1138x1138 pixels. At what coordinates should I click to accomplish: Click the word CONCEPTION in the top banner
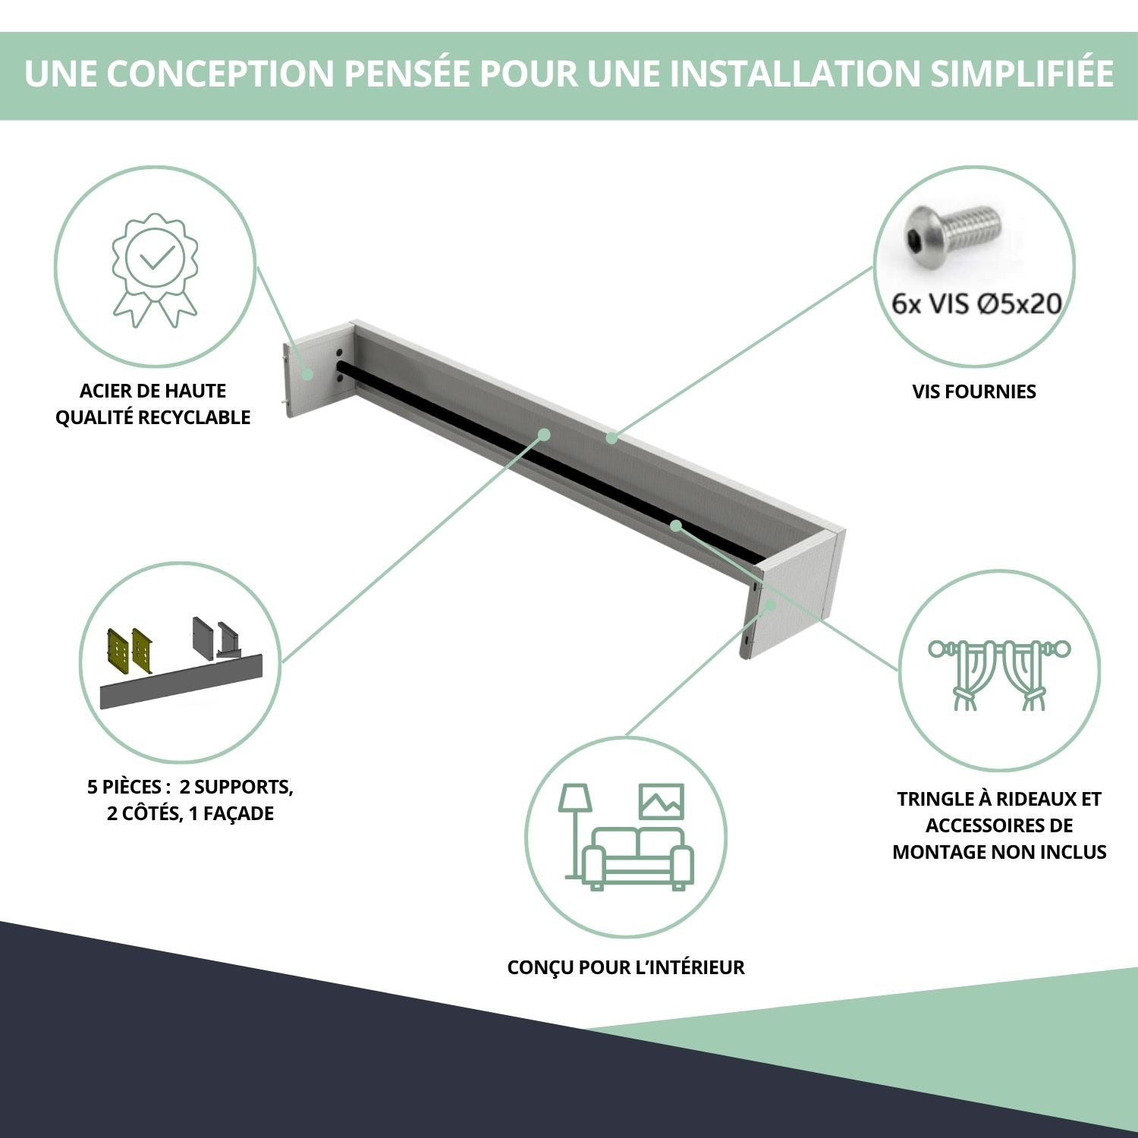219,74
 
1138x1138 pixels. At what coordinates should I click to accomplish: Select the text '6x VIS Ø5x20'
976,303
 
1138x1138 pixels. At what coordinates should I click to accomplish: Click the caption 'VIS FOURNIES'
974,391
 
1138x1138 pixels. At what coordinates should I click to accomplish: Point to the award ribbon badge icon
156,270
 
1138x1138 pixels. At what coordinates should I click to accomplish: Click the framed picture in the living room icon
662,801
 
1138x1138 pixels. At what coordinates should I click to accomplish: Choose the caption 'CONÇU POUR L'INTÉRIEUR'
626,967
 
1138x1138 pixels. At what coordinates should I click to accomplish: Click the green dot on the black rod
675,524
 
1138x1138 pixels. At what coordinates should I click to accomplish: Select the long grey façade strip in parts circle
181,681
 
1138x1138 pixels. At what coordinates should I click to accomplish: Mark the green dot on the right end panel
770,604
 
